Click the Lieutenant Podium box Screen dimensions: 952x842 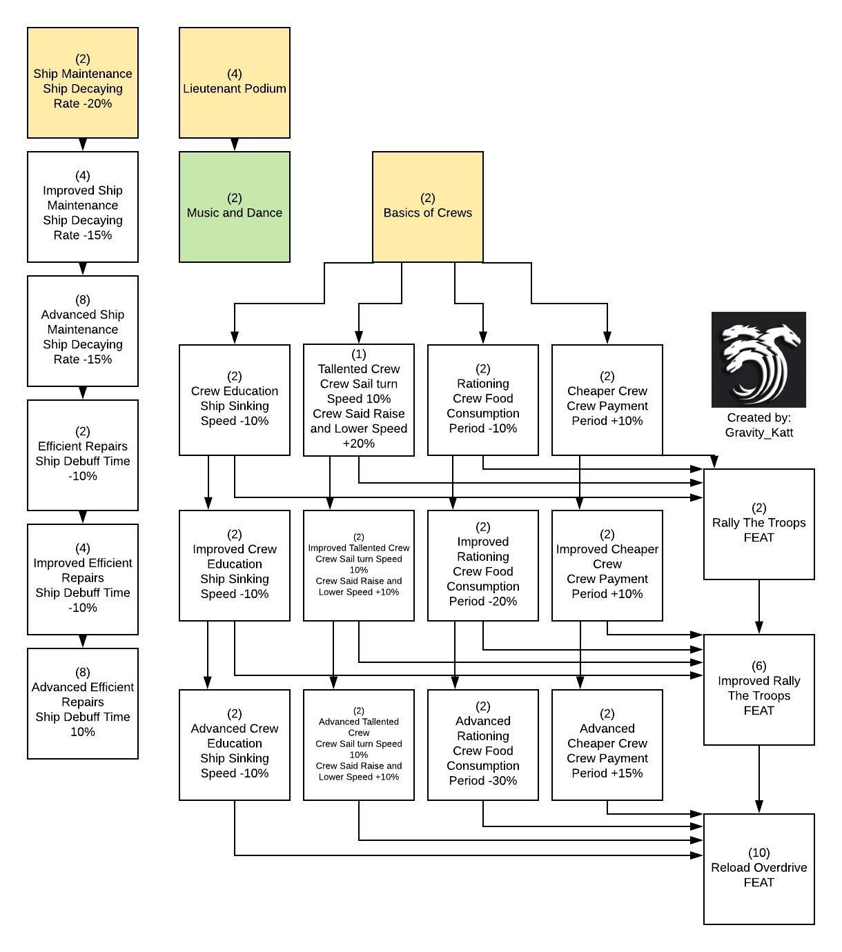coord(235,83)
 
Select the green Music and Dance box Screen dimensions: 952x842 coord(235,207)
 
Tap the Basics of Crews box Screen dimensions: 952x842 coord(428,207)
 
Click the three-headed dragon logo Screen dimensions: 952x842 coord(758,359)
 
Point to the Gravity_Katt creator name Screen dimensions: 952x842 coord(758,433)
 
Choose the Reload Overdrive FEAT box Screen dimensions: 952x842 coord(759,869)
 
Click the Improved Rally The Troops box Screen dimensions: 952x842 coord(759,690)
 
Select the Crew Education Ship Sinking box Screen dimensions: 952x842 coord(235,400)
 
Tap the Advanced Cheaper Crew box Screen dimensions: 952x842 coord(607,745)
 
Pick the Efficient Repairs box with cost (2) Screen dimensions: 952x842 coord(83,455)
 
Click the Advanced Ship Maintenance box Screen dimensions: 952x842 coord(83,331)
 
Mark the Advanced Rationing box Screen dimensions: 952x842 coord(483,745)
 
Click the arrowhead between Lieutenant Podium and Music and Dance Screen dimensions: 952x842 coord(235,145)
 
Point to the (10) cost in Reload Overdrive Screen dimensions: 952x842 coord(759,853)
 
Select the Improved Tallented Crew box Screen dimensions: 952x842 coord(359,566)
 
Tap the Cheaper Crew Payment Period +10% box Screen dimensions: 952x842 coord(607,400)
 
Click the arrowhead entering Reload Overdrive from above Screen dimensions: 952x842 coord(759,807)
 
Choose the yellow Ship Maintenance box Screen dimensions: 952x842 coord(83,83)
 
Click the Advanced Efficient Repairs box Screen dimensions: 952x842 coord(83,704)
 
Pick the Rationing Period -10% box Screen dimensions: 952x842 coord(483,400)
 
